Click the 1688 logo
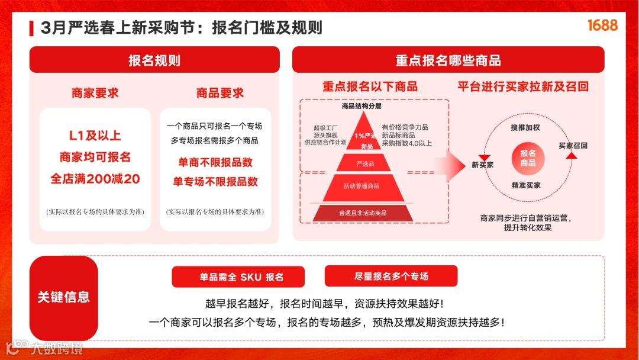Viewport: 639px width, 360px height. point(602,25)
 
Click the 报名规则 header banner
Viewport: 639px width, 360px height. point(154,60)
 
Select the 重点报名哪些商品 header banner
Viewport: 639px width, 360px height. point(448,60)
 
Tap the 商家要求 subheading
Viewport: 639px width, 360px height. point(95,93)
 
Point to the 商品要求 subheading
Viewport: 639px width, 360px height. point(220,93)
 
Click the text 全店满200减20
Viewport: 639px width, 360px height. point(95,179)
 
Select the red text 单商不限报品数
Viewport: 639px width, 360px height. point(215,162)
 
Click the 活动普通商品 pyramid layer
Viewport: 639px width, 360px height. point(362,186)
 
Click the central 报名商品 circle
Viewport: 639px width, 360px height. point(528,157)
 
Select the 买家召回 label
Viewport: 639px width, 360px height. point(573,145)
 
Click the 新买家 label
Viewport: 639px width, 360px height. point(482,165)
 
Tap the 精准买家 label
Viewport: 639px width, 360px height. point(526,185)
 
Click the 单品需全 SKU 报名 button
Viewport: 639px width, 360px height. point(238,277)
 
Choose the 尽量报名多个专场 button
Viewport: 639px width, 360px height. point(391,276)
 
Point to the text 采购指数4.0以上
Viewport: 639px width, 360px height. point(406,143)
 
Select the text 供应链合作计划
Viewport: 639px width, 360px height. point(325,143)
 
